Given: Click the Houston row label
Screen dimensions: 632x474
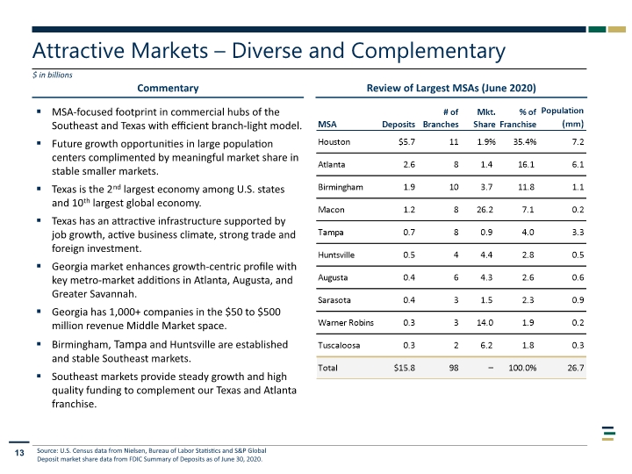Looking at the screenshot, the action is tap(334, 142).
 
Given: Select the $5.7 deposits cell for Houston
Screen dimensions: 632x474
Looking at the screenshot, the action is tap(406, 142).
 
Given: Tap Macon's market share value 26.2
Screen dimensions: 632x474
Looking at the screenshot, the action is tap(485, 210).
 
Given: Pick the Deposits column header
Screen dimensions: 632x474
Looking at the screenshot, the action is tap(399, 125).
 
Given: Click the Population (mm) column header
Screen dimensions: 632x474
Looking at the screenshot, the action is tap(563, 118).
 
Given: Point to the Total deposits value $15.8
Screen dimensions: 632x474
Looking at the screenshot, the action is tap(405, 368).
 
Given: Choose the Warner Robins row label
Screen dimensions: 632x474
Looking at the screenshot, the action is tap(346, 322).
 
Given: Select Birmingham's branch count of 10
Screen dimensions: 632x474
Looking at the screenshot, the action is tap(454, 187).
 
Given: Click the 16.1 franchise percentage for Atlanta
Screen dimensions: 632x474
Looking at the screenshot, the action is tap(526, 164).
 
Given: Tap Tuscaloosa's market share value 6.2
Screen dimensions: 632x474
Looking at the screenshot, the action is tap(486, 345).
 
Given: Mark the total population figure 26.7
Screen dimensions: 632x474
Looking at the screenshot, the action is tap(576, 368).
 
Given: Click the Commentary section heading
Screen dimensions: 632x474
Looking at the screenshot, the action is tap(168, 89).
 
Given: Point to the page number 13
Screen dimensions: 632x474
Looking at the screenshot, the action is tap(19, 453).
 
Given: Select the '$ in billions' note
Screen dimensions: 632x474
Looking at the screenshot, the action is tap(53, 75).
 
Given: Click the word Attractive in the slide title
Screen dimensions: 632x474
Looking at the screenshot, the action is tap(78, 51).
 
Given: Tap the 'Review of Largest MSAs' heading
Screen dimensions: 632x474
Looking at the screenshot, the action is tap(451, 89).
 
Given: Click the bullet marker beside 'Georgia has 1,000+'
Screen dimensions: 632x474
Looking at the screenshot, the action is tap(39, 312).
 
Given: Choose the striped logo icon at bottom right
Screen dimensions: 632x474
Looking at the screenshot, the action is tap(608, 434).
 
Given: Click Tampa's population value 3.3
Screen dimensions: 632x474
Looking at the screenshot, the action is tap(578, 232).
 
